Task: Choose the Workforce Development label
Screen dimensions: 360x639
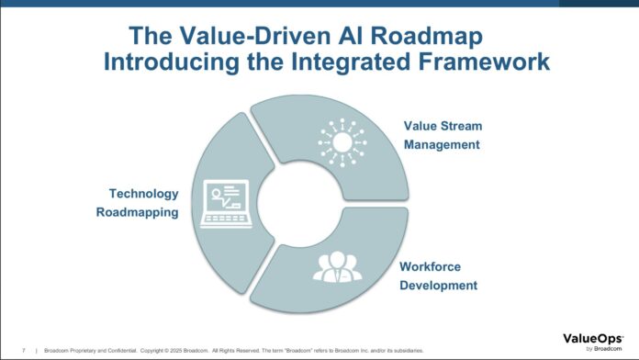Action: [439, 276]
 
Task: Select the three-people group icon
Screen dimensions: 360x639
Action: [337, 266]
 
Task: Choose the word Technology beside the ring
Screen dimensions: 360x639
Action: [145, 194]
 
